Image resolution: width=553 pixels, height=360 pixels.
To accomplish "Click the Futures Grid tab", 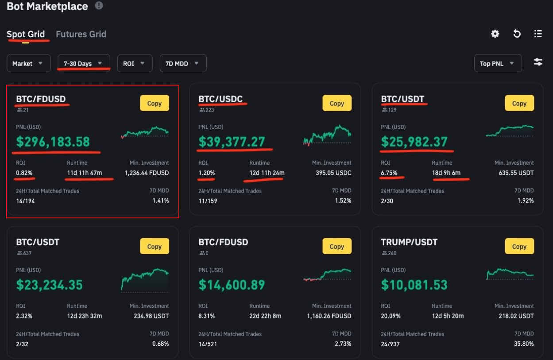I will click(81, 34).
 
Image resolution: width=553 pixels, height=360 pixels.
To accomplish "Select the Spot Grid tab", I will click(26, 34).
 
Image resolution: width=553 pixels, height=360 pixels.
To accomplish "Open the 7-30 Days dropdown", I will click(84, 63).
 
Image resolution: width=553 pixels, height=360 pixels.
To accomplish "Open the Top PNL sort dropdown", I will click(498, 63).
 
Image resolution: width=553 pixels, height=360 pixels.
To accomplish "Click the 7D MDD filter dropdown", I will click(183, 63).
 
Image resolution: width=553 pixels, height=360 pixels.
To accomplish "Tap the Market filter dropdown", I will click(27, 63).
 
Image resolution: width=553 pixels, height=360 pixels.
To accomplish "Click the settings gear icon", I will click(495, 34).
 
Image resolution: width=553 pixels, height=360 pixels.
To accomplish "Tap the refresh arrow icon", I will click(517, 34).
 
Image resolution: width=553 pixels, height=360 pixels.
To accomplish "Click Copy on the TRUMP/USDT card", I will click(519, 247).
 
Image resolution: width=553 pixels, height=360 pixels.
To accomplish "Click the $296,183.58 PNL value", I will click(53, 142).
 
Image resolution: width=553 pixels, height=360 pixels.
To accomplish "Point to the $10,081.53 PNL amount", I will click(414, 285).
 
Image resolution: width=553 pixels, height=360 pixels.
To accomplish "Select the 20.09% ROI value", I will click(389, 316).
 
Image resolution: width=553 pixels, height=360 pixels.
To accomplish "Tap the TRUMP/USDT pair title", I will click(409, 242).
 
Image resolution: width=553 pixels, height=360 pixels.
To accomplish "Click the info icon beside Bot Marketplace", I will click(99, 6).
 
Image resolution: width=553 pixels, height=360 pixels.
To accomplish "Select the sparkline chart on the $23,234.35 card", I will click(145, 279).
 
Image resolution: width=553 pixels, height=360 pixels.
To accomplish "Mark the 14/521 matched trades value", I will click(208, 344).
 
